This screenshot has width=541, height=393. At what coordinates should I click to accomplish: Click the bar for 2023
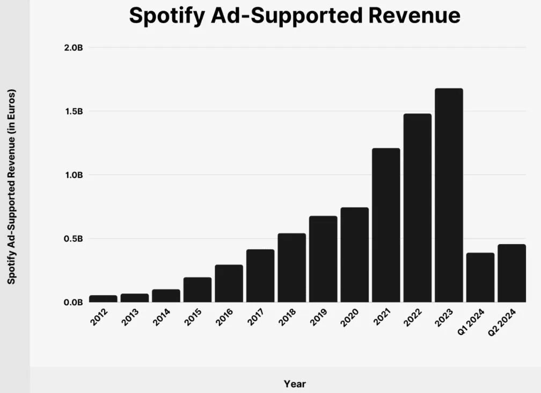tap(449, 195)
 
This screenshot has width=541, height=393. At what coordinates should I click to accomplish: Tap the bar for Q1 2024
tap(480, 277)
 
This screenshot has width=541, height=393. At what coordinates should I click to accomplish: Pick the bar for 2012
tap(103, 298)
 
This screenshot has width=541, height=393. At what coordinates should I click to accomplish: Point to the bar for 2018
tap(291, 268)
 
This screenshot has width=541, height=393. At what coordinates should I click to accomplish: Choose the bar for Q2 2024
tap(511, 273)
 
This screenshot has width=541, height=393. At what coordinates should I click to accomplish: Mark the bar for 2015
tap(197, 290)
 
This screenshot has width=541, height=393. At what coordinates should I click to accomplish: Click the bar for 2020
tap(354, 255)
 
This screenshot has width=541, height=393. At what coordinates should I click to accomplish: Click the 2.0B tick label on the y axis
tap(73, 48)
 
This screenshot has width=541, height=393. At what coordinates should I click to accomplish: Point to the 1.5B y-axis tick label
tap(73, 111)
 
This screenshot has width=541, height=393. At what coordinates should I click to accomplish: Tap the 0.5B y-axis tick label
tap(73, 239)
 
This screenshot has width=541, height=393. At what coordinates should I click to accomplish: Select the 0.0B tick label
tap(73, 302)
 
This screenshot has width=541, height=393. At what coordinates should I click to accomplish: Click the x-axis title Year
tap(295, 384)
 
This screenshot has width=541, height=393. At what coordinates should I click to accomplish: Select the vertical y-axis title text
tap(11, 187)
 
